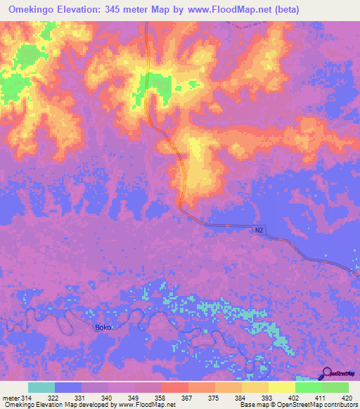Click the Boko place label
[x=103, y=327]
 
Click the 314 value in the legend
[x=27, y=398]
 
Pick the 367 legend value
[x=188, y=398]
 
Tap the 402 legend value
[x=295, y=398]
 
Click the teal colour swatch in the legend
[x=41, y=387]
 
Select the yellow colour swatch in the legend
[x=281, y=387]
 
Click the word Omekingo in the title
[x=39, y=10]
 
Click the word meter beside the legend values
[x=10, y=398]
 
